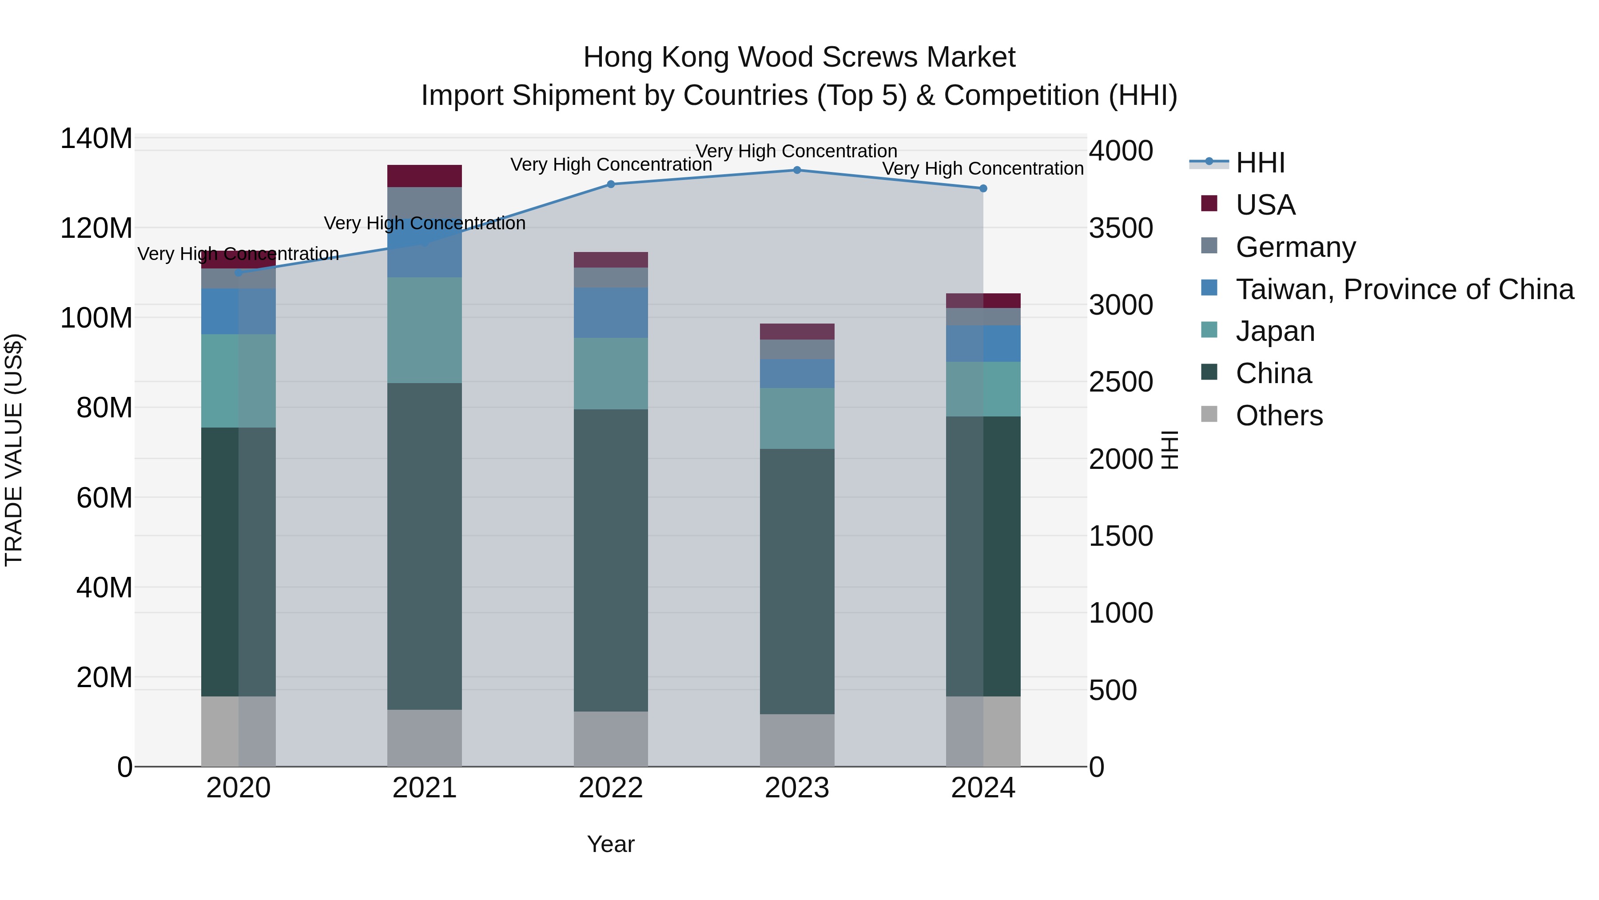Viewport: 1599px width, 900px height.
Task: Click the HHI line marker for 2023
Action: [x=797, y=170]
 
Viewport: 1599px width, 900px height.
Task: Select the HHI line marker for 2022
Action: [x=611, y=184]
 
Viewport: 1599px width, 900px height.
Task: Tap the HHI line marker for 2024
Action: [x=983, y=188]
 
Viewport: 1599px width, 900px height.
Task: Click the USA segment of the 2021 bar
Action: [x=425, y=176]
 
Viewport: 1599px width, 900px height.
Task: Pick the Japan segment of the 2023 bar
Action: [x=797, y=419]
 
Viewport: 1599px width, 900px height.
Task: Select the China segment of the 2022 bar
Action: [x=611, y=560]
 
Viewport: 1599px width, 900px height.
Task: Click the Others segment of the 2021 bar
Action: [x=425, y=738]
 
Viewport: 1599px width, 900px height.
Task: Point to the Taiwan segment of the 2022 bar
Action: [x=611, y=312]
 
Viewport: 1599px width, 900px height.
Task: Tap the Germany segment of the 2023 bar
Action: [x=797, y=349]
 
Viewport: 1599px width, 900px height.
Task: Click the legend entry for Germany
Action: [x=1296, y=247]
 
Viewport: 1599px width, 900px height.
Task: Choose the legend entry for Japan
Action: [x=1275, y=331]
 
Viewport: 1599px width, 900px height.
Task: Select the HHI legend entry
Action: [x=1260, y=163]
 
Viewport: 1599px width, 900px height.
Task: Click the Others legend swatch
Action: [x=1209, y=414]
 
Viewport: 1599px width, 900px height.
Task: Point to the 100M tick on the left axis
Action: [x=96, y=318]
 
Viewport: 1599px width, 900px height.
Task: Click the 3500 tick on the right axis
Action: [x=1121, y=228]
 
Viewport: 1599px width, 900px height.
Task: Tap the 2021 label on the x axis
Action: [x=425, y=788]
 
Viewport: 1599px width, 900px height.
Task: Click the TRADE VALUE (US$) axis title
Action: [x=14, y=450]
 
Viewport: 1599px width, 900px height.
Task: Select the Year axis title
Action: [x=611, y=844]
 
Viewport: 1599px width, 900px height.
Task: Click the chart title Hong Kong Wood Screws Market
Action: [x=799, y=57]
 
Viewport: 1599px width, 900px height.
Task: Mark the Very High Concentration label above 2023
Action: [x=796, y=151]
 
